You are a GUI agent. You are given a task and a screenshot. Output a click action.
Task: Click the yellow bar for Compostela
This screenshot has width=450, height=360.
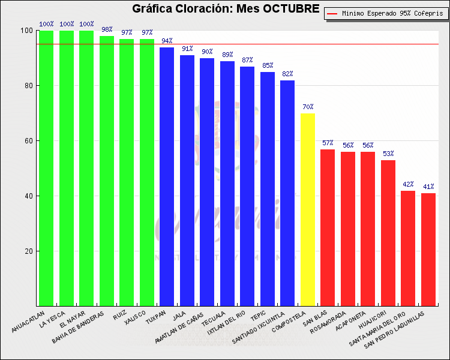click(307, 210)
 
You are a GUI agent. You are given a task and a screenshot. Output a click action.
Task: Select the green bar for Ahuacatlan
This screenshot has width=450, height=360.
click(46, 168)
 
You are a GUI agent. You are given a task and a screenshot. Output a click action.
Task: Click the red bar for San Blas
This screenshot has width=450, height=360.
click(328, 228)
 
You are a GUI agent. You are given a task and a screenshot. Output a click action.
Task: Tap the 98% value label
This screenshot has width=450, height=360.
click(107, 29)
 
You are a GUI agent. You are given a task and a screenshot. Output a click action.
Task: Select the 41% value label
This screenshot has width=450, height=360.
click(428, 187)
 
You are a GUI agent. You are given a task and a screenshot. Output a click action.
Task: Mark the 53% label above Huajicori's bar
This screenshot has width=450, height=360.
click(388, 154)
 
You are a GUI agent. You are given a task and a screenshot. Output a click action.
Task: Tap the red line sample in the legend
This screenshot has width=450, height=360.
click(332, 13)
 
